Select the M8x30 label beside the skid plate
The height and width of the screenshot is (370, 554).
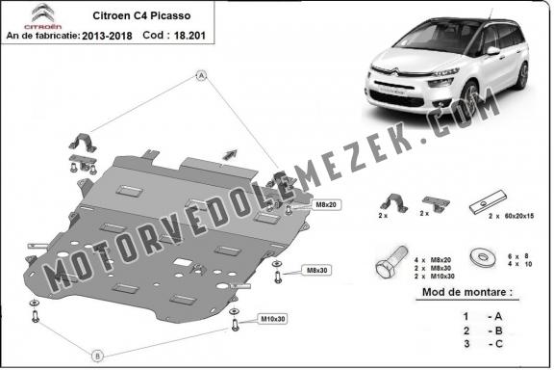(314, 271)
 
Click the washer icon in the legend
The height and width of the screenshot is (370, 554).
(478, 256)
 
